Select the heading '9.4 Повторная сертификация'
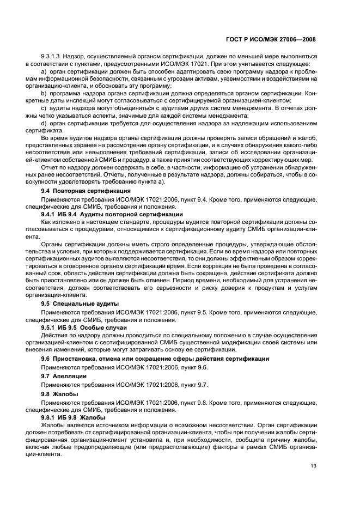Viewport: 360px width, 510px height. pyautogui.click(x=86, y=191)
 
